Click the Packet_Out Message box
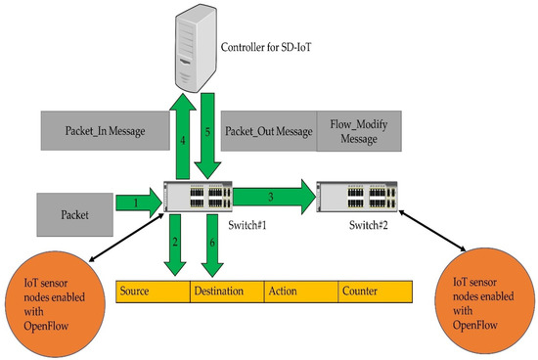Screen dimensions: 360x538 [x=268, y=129]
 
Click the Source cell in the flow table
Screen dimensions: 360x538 [x=153, y=292]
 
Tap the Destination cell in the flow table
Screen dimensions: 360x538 [x=227, y=292]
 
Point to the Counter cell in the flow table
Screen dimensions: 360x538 [x=377, y=292]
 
